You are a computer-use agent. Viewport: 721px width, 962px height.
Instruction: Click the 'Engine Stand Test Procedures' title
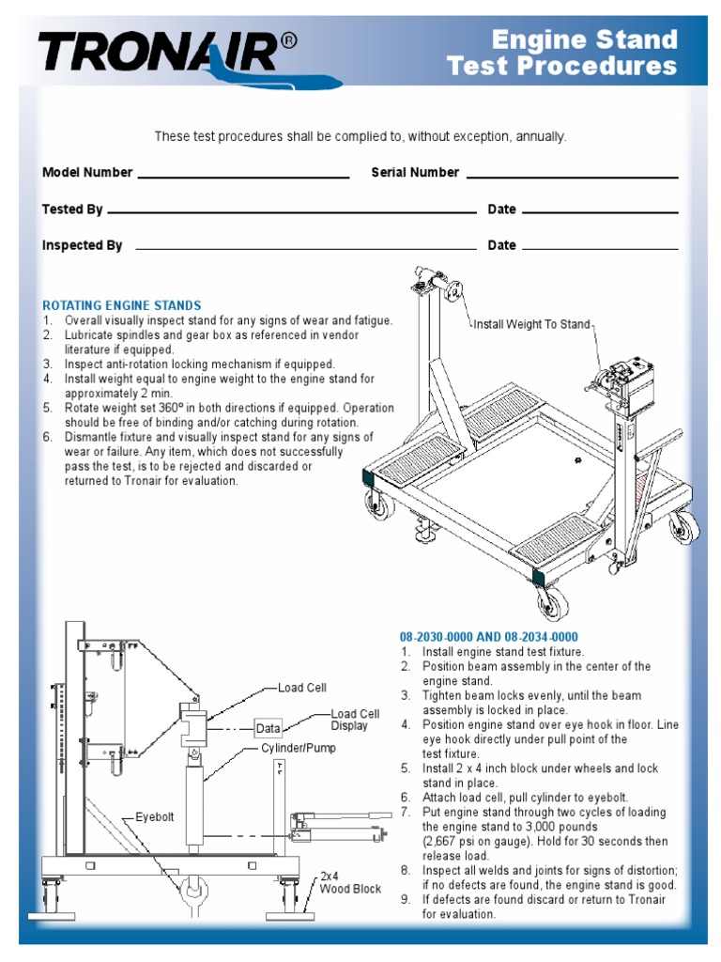[x=562, y=53]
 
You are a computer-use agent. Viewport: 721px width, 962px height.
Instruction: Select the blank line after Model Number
[x=243, y=176]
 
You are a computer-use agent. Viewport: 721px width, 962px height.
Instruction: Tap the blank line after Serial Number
[x=572, y=176]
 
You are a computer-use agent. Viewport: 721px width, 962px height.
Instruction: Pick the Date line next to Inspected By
[x=599, y=248]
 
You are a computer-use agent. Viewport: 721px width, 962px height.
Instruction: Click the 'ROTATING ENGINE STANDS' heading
[x=122, y=305]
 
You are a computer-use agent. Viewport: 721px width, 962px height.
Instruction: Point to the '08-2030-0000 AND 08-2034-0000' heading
[x=488, y=637]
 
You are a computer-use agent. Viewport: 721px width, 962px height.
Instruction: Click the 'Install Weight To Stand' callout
[x=531, y=325]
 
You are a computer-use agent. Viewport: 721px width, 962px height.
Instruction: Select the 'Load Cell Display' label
[x=356, y=721]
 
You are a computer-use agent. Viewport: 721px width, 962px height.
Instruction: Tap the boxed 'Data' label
[x=268, y=728]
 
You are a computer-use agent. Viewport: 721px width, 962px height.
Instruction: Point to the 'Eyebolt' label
[x=156, y=816]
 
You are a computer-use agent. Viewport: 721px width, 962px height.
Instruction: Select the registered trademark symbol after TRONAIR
[x=291, y=41]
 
